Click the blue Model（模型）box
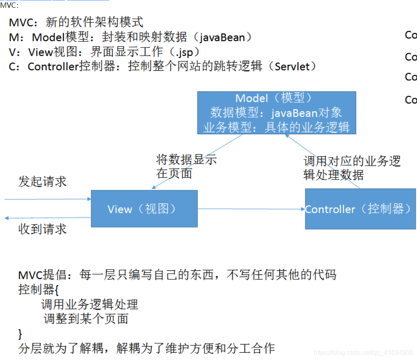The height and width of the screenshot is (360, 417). [x=276, y=112]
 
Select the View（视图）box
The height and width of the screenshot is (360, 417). [x=144, y=209]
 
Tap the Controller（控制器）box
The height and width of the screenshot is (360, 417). [x=360, y=209]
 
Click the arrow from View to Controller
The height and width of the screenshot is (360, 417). [x=251, y=209]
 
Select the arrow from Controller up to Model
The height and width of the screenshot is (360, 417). [x=323, y=162]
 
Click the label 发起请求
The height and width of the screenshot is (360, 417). [x=42, y=182]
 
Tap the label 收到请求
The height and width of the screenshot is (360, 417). [x=42, y=229]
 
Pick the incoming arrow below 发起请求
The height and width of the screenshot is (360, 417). [x=47, y=199]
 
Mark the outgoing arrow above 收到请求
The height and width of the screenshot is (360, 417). [x=47, y=218]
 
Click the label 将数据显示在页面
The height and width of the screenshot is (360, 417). [x=186, y=166]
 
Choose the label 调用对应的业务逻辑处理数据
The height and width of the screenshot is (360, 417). [x=352, y=168]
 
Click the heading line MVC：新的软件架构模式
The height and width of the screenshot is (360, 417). [x=76, y=22]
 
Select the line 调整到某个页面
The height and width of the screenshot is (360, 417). [x=86, y=318]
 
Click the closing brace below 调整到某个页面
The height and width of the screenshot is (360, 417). [x=20, y=333]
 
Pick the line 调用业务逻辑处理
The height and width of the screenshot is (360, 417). [x=90, y=304]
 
